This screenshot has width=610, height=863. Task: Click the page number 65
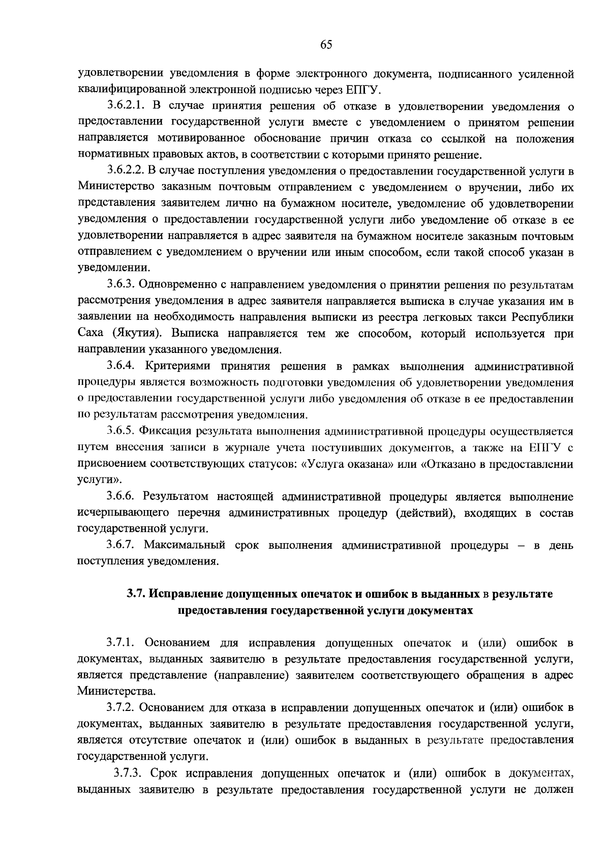tap(326, 45)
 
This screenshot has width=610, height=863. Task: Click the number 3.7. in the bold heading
tap(136, 594)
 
